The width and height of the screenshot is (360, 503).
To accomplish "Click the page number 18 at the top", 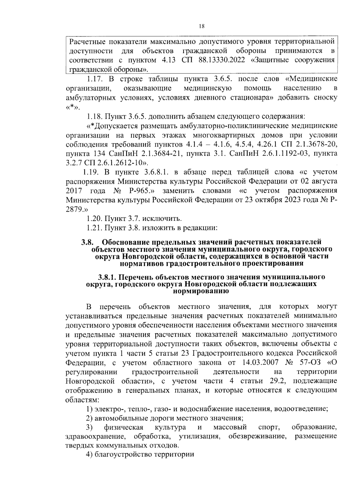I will click(201, 26).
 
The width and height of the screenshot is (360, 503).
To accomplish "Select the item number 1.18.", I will click(95, 116).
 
